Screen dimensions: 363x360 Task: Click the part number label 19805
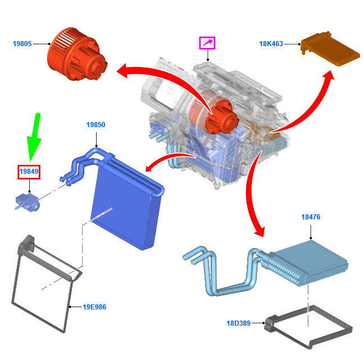[x=22, y=43]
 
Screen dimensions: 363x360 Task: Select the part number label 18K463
[x=271, y=43]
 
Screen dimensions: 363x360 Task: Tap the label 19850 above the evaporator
[x=96, y=125]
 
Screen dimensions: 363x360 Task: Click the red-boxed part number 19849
[x=29, y=172]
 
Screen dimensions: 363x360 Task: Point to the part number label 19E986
[x=94, y=307]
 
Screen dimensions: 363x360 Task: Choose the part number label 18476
[x=311, y=217]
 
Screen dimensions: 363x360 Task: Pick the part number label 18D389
[x=238, y=323]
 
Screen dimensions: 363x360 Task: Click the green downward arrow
[x=34, y=137]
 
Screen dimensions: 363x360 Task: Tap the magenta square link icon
[x=207, y=43]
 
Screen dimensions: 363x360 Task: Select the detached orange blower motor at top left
[x=77, y=54]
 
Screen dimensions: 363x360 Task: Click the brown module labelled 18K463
[x=330, y=49]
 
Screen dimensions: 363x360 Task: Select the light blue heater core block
[x=310, y=263]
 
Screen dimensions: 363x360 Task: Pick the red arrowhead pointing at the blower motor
[x=122, y=70]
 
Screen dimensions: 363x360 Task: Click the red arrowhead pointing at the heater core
[x=260, y=231]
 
